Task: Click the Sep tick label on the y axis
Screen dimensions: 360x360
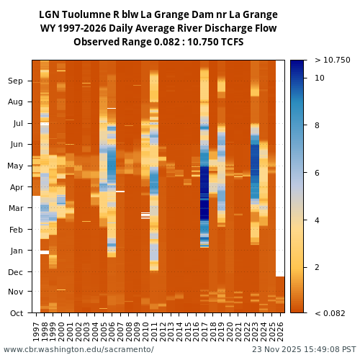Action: click(x=16, y=81)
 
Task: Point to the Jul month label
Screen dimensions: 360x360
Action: click(x=17, y=124)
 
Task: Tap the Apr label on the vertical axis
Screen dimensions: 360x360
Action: click(x=16, y=187)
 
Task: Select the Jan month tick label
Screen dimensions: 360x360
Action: click(x=17, y=251)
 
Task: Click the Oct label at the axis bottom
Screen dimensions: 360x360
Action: click(x=16, y=313)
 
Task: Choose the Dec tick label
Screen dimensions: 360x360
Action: click(x=16, y=272)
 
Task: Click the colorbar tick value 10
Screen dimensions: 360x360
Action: click(x=320, y=78)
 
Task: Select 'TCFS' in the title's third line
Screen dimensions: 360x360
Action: click(x=231, y=42)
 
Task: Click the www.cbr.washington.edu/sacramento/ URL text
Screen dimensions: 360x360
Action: click(x=78, y=350)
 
